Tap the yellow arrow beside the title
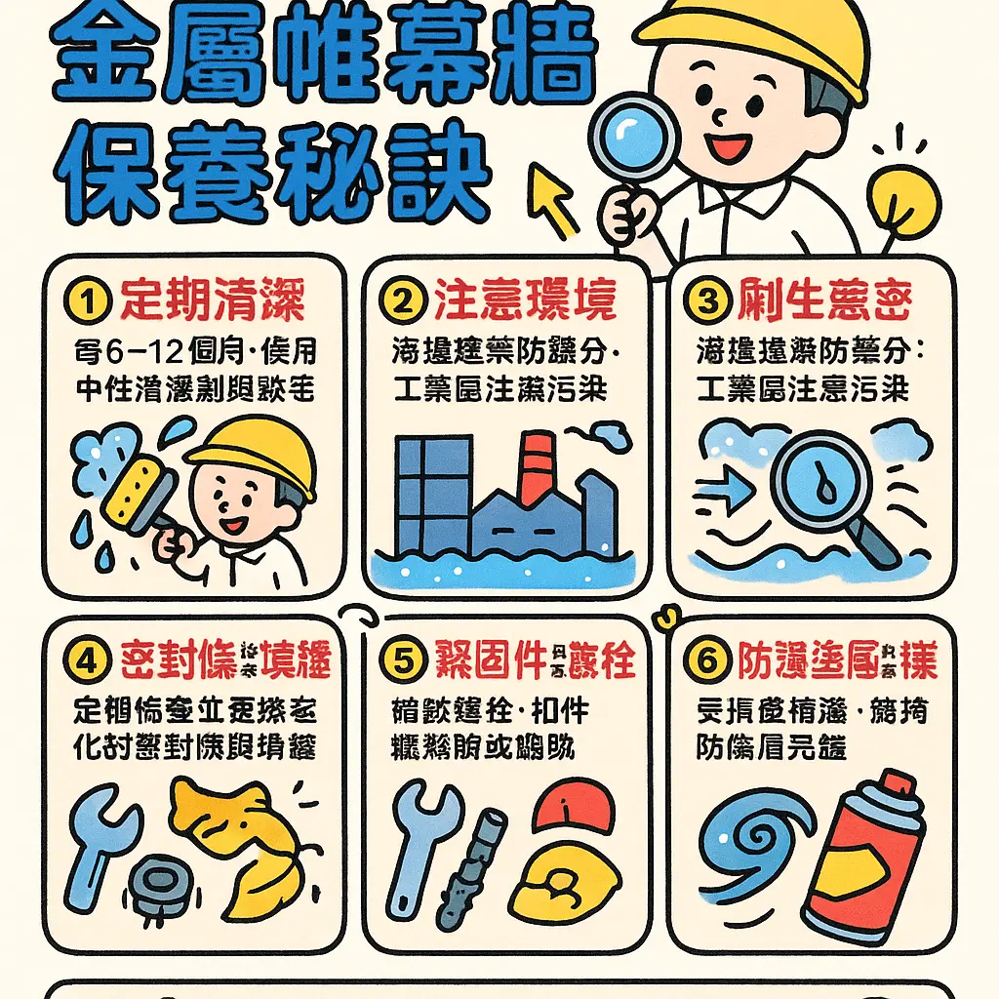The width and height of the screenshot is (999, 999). point(553,198)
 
